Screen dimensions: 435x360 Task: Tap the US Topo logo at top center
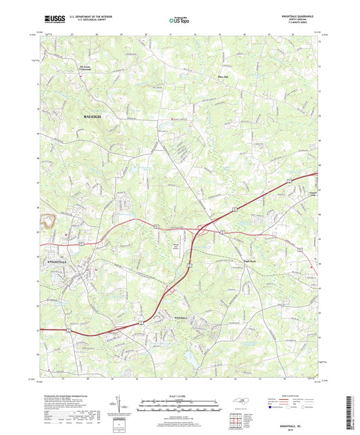coord(178,21)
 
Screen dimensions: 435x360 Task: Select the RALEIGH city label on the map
coord(94,117)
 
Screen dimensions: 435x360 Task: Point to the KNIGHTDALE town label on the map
coord(58,260)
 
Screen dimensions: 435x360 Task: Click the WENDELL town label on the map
coord(172,315)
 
